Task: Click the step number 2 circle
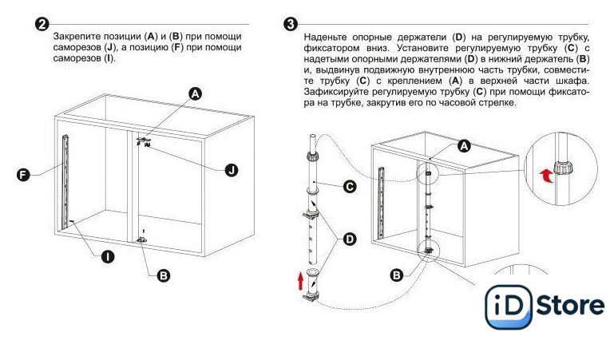pos(42,24)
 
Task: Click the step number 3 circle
pos(290,24)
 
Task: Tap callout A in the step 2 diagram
pos(195,94)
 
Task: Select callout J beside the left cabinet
pos(232,170)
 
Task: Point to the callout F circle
pos(23,174)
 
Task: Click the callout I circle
pos(108,257)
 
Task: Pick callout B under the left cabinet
pos(164,275)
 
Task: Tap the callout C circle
pos(349,186)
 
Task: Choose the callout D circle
pos(349,239)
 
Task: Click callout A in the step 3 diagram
pos(464,146)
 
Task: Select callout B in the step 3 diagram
pos(397,275)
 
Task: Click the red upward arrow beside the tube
pos(300,281)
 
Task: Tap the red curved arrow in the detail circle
pos(547,176)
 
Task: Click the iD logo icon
pos(509,307)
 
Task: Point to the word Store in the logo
pos(570,306)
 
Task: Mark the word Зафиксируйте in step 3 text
pos(335,92)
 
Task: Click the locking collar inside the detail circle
pos(563,168)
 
